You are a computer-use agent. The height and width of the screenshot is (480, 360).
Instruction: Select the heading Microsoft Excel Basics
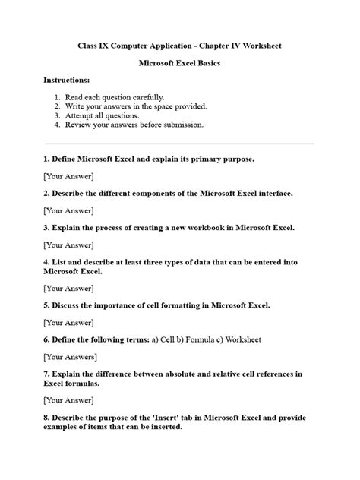coord(179,63)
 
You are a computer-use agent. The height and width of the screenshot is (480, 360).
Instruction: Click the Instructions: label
coord(66,80)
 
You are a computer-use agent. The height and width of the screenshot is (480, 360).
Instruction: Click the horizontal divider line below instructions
coord(179,143)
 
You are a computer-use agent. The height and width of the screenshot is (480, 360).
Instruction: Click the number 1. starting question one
coord(46,159)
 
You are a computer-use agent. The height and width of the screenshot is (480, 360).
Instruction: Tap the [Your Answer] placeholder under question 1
coord(68,176)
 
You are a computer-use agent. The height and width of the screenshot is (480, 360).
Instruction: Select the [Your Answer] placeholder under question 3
coord(68,245)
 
